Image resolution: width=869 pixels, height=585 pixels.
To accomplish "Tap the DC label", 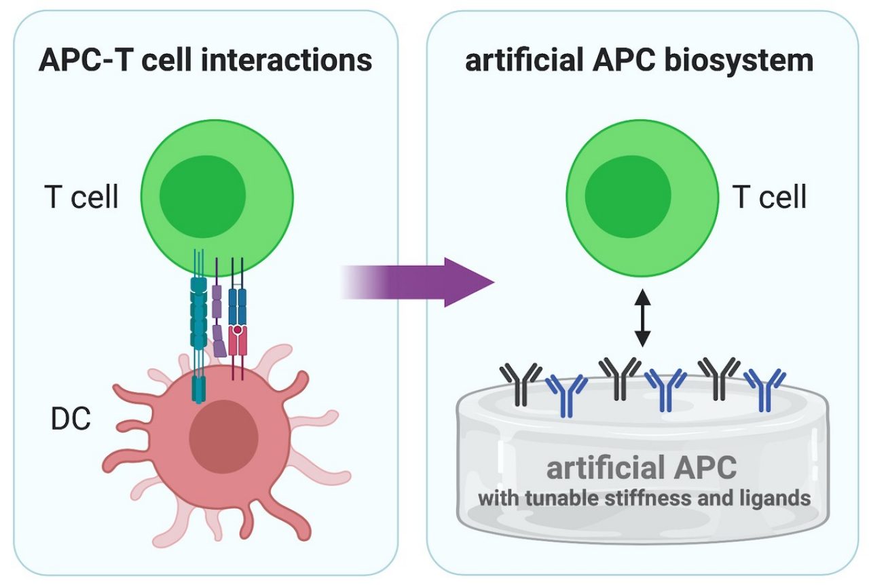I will pyautogui.click(x=71, y=420).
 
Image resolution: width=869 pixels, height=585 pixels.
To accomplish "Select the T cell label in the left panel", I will pyautogui.click(x=81, y=197).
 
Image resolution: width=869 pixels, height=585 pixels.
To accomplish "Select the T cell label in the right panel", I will pyautogui.click(x=770, y=197).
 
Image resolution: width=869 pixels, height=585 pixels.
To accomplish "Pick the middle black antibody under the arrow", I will pyautogui.click(x=619, y=377).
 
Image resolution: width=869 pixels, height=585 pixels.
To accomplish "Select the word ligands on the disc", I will pyautogui.click(x=777, y=499).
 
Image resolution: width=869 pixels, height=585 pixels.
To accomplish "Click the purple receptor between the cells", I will pyautogui.click(x=218, y=319).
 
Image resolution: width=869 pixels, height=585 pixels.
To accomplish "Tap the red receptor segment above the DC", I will pyautogui.click(x=238, y=339).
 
